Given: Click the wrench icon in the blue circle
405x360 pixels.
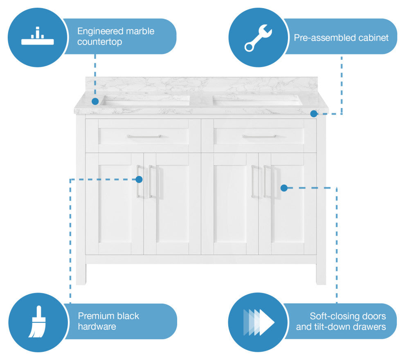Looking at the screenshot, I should tap(258, 38).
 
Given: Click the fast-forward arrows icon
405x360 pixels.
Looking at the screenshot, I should tap(258, 322).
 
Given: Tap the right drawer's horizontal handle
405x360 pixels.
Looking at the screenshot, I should tap(259, 136).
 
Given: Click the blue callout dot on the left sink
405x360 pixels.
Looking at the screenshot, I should tap(95, 101).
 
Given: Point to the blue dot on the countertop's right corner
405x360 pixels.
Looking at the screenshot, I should tap(313, 114).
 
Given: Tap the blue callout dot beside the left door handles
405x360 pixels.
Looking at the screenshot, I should tap(139, 179).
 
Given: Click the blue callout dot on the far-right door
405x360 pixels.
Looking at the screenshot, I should tap(284, 188).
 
